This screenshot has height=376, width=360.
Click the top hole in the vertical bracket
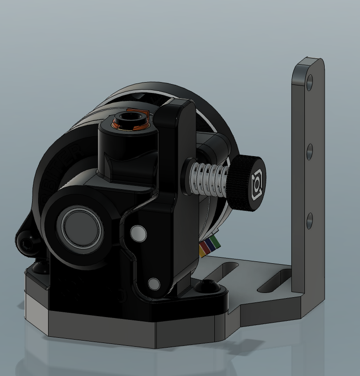pyautogui.click(x=310, y=83)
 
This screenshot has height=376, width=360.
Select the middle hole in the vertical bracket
pyautogui.click(x=310, y=152)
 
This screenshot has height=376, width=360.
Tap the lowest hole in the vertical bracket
pyautogui.click(x=309, y=221)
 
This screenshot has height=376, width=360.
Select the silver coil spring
pyautogui.click(x=209, y=179)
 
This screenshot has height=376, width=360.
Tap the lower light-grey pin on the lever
pyautogui.click(x=154, y=284)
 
